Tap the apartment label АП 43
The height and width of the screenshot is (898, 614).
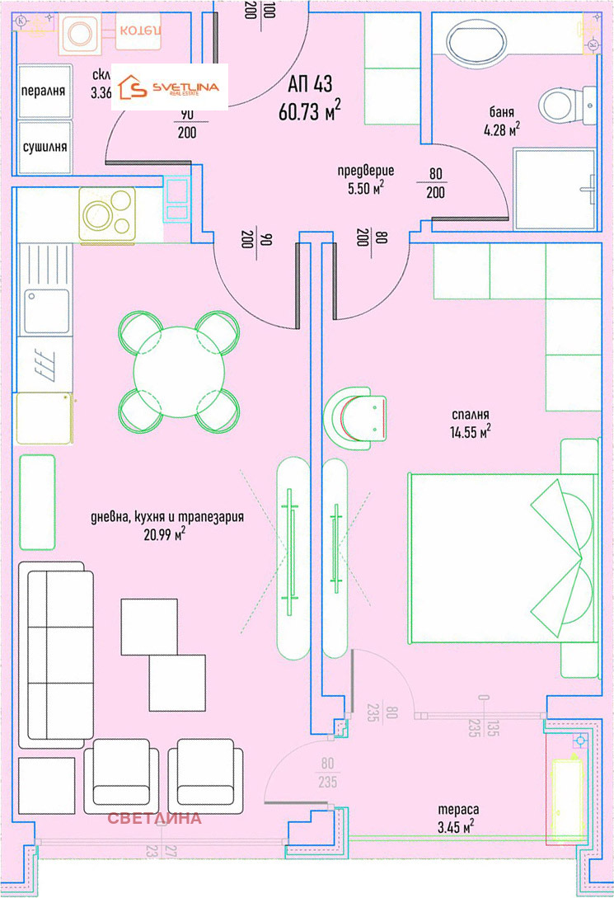pyautogui.click(x=309, y=84)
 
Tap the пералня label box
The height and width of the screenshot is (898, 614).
pyautogui.click(x=44, y=91)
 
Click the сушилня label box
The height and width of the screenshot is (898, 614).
pyautogui.click(x=44, y=147)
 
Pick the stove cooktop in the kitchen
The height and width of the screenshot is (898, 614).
pyautogui.click(x=107, y=214)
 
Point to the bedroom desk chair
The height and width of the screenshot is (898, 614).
pyautogui.click(x=355, y=416)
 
